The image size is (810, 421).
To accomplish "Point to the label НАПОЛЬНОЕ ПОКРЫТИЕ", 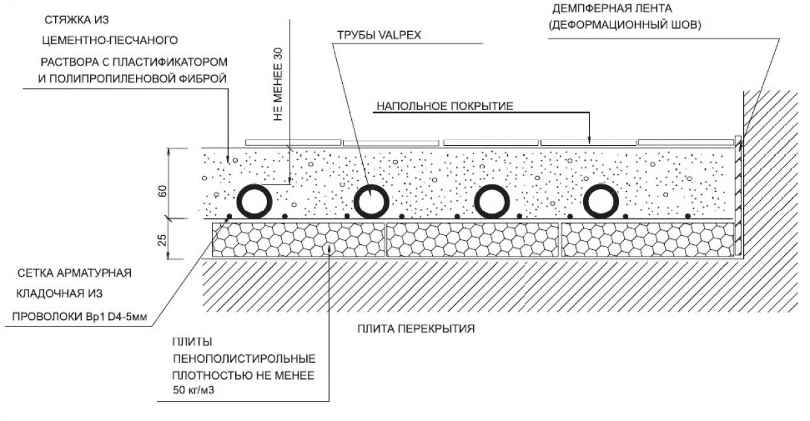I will pos(446,106).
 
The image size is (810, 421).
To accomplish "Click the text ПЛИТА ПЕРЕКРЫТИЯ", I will pos(416,328).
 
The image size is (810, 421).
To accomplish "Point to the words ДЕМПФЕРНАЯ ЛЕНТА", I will pos(613,10).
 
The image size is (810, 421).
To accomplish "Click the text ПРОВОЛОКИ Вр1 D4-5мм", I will pos(80,317).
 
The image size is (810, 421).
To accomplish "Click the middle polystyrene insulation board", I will pos(472,240).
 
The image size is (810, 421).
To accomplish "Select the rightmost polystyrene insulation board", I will pos(647,240).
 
